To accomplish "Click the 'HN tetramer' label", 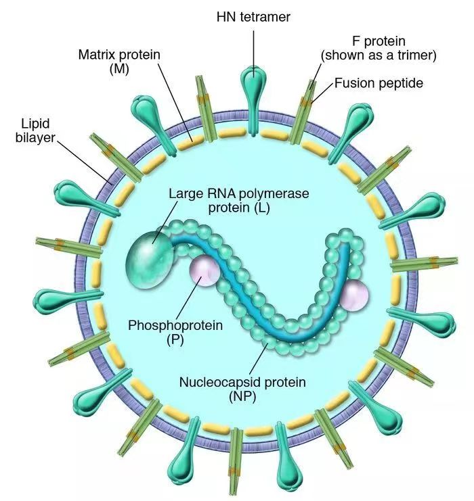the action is click(x=253, y=17).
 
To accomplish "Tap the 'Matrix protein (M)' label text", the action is click(x=119, y=62).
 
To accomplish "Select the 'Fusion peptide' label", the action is click(x=379, y=83).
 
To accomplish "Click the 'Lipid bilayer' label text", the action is click(x=35, y=130).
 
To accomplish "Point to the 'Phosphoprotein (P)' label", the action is click(x=175, y=332).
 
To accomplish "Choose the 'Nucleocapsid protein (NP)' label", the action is click(x=242, y=389).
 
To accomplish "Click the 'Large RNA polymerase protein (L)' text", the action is click(x=239, y=201).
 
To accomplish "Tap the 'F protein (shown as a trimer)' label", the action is click(x=379, y=48).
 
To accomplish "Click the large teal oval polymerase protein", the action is click(x=150, y=260).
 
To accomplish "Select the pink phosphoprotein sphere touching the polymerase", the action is click(x=204, y=271).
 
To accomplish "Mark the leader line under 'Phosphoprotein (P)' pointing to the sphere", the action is click(x=188, y=297).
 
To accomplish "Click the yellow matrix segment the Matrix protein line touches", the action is click(x=190, y=143).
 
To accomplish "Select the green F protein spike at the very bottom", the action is click(x=237, y=460).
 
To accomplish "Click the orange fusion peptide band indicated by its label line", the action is click(x=308, y=102).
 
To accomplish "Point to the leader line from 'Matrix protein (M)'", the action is click(x=175, y=101).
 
